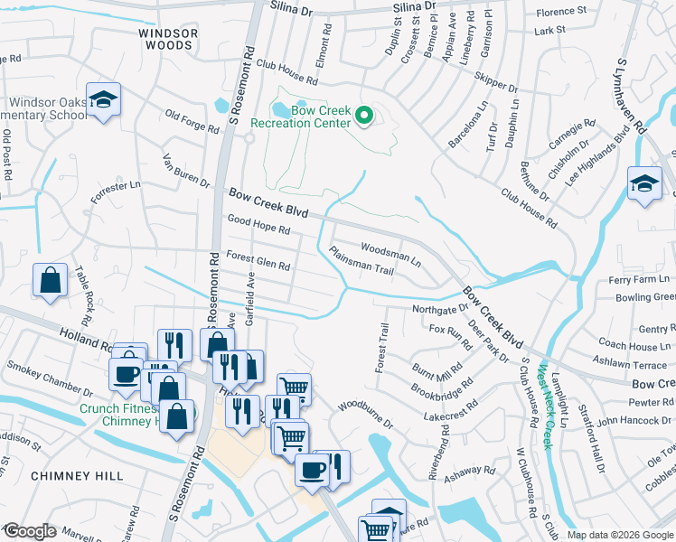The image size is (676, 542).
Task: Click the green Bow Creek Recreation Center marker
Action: (x=363, y=115)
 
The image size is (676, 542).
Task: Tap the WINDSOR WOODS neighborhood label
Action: (x=167, y=38)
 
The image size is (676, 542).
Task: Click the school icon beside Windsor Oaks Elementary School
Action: (x=105, y=101)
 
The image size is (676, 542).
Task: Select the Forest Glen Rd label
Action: (x=258, y=260)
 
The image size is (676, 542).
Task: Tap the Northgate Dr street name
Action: (x=438, y=308)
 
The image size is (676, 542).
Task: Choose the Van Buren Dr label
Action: (x=185, y=169)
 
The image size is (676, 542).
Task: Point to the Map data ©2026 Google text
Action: (x=620, y=535)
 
